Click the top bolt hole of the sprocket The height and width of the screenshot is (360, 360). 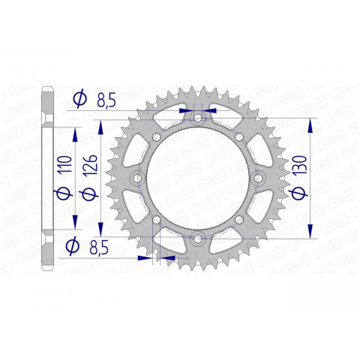(x=197, y=118)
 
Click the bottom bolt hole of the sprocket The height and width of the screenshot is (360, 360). (x=197, y=238)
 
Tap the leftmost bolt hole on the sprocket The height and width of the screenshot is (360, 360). (x=137, y=178)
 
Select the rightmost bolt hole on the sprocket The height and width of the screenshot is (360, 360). (x=257, y=178)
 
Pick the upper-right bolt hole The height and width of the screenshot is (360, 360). (x=239, y=136)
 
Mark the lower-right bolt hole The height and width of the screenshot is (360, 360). (x=239, y=220)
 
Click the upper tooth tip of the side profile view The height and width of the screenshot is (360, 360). (x=46, y=88)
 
